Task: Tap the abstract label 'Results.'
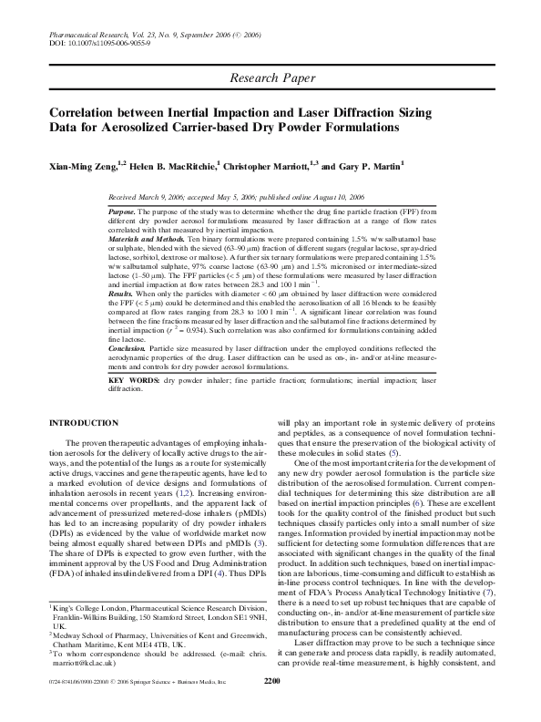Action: [120, 295]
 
